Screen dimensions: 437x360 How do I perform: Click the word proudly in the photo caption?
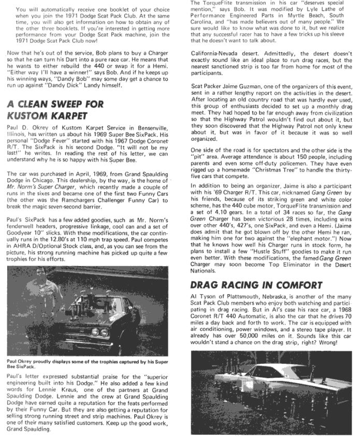tap(45, 361)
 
